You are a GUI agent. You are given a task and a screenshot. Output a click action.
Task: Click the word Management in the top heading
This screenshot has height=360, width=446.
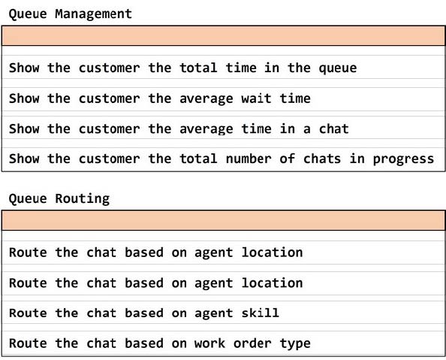(x=93, y=14)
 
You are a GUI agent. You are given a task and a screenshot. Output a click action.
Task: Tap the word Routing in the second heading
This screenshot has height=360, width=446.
(x=82, y=199)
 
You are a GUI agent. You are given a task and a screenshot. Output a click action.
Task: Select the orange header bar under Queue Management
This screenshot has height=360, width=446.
(x=223, y=35)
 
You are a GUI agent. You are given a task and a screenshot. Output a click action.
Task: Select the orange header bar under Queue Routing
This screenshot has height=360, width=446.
(x=223, y=220)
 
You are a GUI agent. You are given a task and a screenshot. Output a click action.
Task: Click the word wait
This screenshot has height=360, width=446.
(x=256, y=98)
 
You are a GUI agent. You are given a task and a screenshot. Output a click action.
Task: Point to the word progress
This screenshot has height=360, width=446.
(x=403, y=159)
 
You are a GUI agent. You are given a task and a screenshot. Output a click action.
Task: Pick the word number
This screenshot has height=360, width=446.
(x=249, y=159)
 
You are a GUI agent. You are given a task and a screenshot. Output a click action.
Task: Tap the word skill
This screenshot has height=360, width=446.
(x=261, y=313)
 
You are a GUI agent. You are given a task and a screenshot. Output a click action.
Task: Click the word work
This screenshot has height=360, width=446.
(x=209, y=343)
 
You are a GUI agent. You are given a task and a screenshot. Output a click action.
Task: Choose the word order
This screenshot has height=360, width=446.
(x=252, y=343)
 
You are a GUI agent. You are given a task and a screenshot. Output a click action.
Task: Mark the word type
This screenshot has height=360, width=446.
(x=295, y=343)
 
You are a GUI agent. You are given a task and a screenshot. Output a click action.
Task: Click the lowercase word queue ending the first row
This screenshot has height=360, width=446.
(x=338, y=68)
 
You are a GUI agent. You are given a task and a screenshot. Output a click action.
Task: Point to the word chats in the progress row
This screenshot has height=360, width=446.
(x=322, y=159)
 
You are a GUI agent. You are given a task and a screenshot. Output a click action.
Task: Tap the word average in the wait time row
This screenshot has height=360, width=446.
(x=206, y=99)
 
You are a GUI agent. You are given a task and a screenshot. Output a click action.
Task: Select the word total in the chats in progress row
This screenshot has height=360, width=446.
(x=198, y=159)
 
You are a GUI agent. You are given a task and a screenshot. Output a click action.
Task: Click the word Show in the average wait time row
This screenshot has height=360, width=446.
(x=24, y=98)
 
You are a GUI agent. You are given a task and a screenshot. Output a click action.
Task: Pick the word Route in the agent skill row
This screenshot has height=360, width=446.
(x=28, y=313)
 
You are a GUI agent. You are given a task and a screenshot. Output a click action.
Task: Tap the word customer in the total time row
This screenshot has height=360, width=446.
(x=109, y=68)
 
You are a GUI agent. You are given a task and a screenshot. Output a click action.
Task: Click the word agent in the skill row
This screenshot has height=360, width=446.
(x=213, y=313)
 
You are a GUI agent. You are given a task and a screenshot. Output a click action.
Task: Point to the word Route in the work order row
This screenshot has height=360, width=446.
(x=28, y=343)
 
